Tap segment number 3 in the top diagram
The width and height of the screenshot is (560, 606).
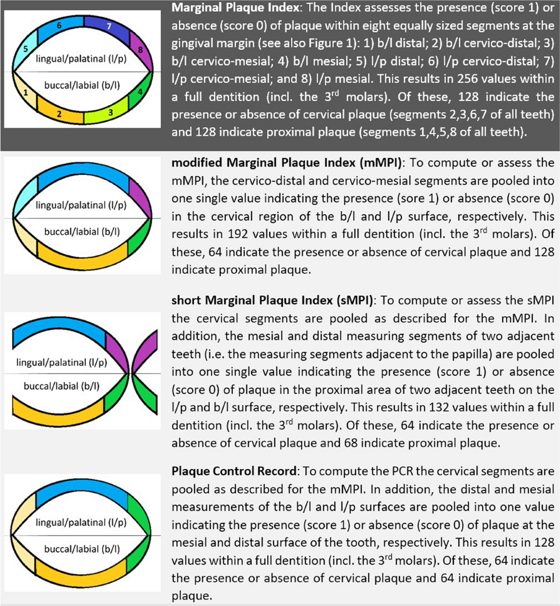[x=110, y=112]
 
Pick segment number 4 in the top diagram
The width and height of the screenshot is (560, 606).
[x=140, y=91]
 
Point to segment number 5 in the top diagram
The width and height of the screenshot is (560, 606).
[x=26, y=49]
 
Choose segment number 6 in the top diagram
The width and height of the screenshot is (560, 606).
[x=59, y=26]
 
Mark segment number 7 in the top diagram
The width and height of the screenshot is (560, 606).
[x=109, y=27]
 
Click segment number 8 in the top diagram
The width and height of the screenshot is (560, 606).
[x=140, y=50]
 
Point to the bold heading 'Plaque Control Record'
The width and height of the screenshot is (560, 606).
[x=234, y=471]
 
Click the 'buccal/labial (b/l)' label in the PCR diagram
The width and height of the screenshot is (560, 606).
[x=82, y=549]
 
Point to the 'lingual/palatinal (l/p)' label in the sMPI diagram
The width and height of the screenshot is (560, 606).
[x=62, y=362]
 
